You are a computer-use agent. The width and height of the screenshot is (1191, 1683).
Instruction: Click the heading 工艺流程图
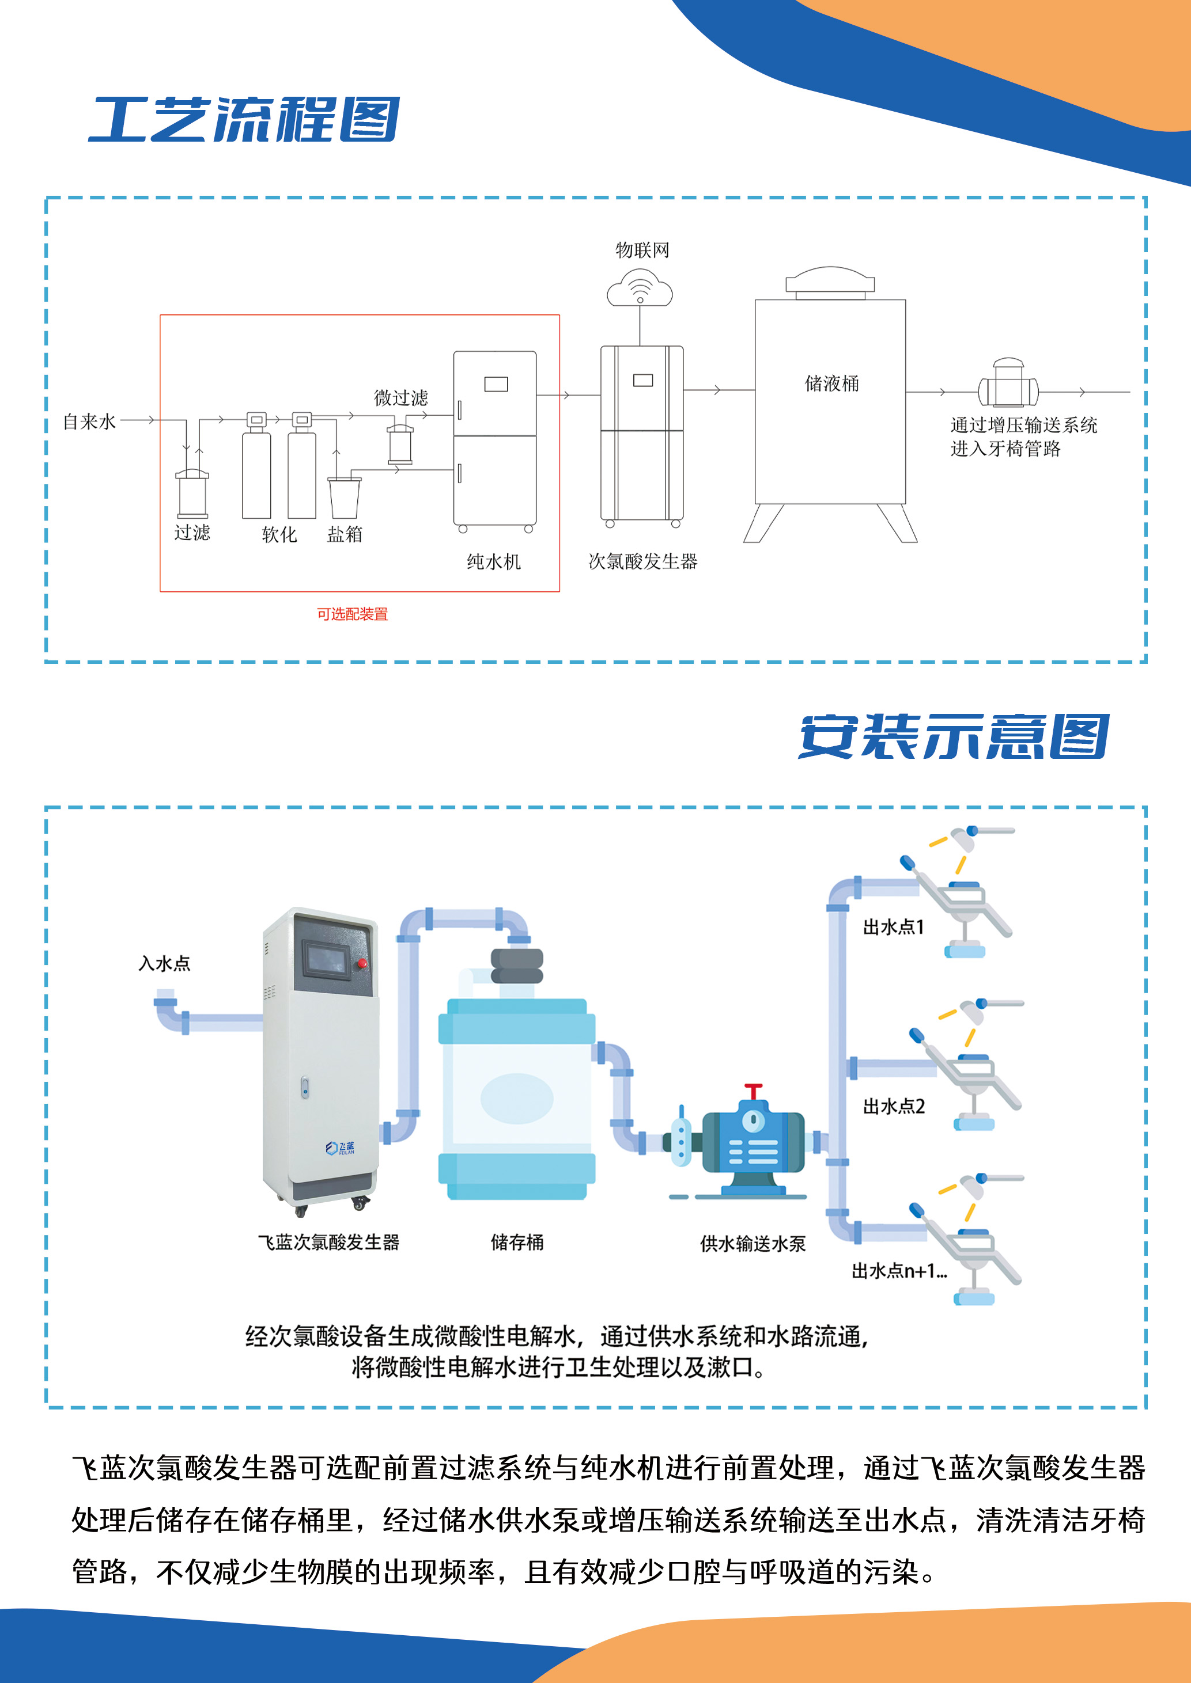pyautogui.click(x=244, y=120)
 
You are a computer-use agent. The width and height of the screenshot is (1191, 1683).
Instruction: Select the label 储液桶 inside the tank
pyautogui.click(x=831, y=383)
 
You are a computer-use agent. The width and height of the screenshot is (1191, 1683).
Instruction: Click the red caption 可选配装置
pyautogui.click(x=352, y=614)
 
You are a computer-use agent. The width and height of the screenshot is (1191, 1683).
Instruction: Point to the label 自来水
pyautogui.click(x=89, y=421)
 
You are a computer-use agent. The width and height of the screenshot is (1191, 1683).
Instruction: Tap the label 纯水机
pyautogui.click(x=494, y=561)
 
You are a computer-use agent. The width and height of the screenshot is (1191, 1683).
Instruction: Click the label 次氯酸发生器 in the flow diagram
pyautogui.click(x=642, y=561)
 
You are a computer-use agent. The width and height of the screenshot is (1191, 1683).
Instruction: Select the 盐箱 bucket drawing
pyautogui.click(x=344, y=497)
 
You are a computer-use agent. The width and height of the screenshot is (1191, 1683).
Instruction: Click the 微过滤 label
pyautogui.click(x=400, y=398)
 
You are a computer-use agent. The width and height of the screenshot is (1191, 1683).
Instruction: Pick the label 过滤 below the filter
pyautogui.click(x=192, y=532)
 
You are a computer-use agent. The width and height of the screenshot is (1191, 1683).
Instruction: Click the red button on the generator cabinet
pyautogui.click(x=361, y=963)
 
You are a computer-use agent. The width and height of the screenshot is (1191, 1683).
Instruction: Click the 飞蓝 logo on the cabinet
pyautogui.click(x=341, y=1148)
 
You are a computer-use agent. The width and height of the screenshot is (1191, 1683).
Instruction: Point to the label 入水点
pyautogui.click(x=164, y=963)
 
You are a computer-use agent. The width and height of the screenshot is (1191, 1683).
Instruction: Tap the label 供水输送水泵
pyautogui.click(x=753, y=1244)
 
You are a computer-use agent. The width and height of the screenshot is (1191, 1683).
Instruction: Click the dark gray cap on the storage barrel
pyautogui.click(x=517, y=966)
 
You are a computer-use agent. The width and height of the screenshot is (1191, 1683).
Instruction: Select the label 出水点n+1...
pyautogui.click(x=898, y=1271)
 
